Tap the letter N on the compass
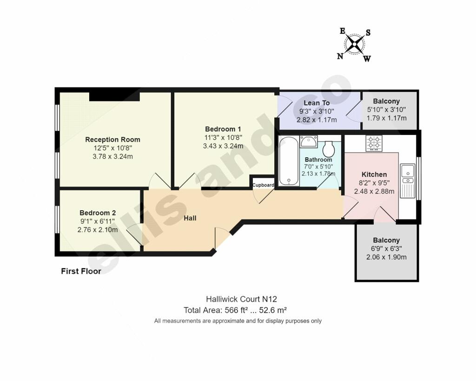(x=340, y=56)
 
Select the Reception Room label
(x=112, y=140)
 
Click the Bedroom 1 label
(x=223, y=129)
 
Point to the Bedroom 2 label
(x=98, y=213)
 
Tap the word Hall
(x=190, y=218)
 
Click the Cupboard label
(x=263, y=185)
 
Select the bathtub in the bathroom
(x=288, y=160)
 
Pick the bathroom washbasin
(x=309, y=141)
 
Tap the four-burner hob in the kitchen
(x=374, y=143)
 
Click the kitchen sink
(x=407, y=181)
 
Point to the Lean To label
(x=317, y=103)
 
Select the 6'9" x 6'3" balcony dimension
(x=386, y=248)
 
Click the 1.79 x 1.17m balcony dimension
(x=386, y=118)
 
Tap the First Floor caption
(x=81, y=271)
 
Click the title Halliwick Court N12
(x=241, y=299)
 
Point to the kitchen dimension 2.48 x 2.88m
(x=374, y=191)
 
